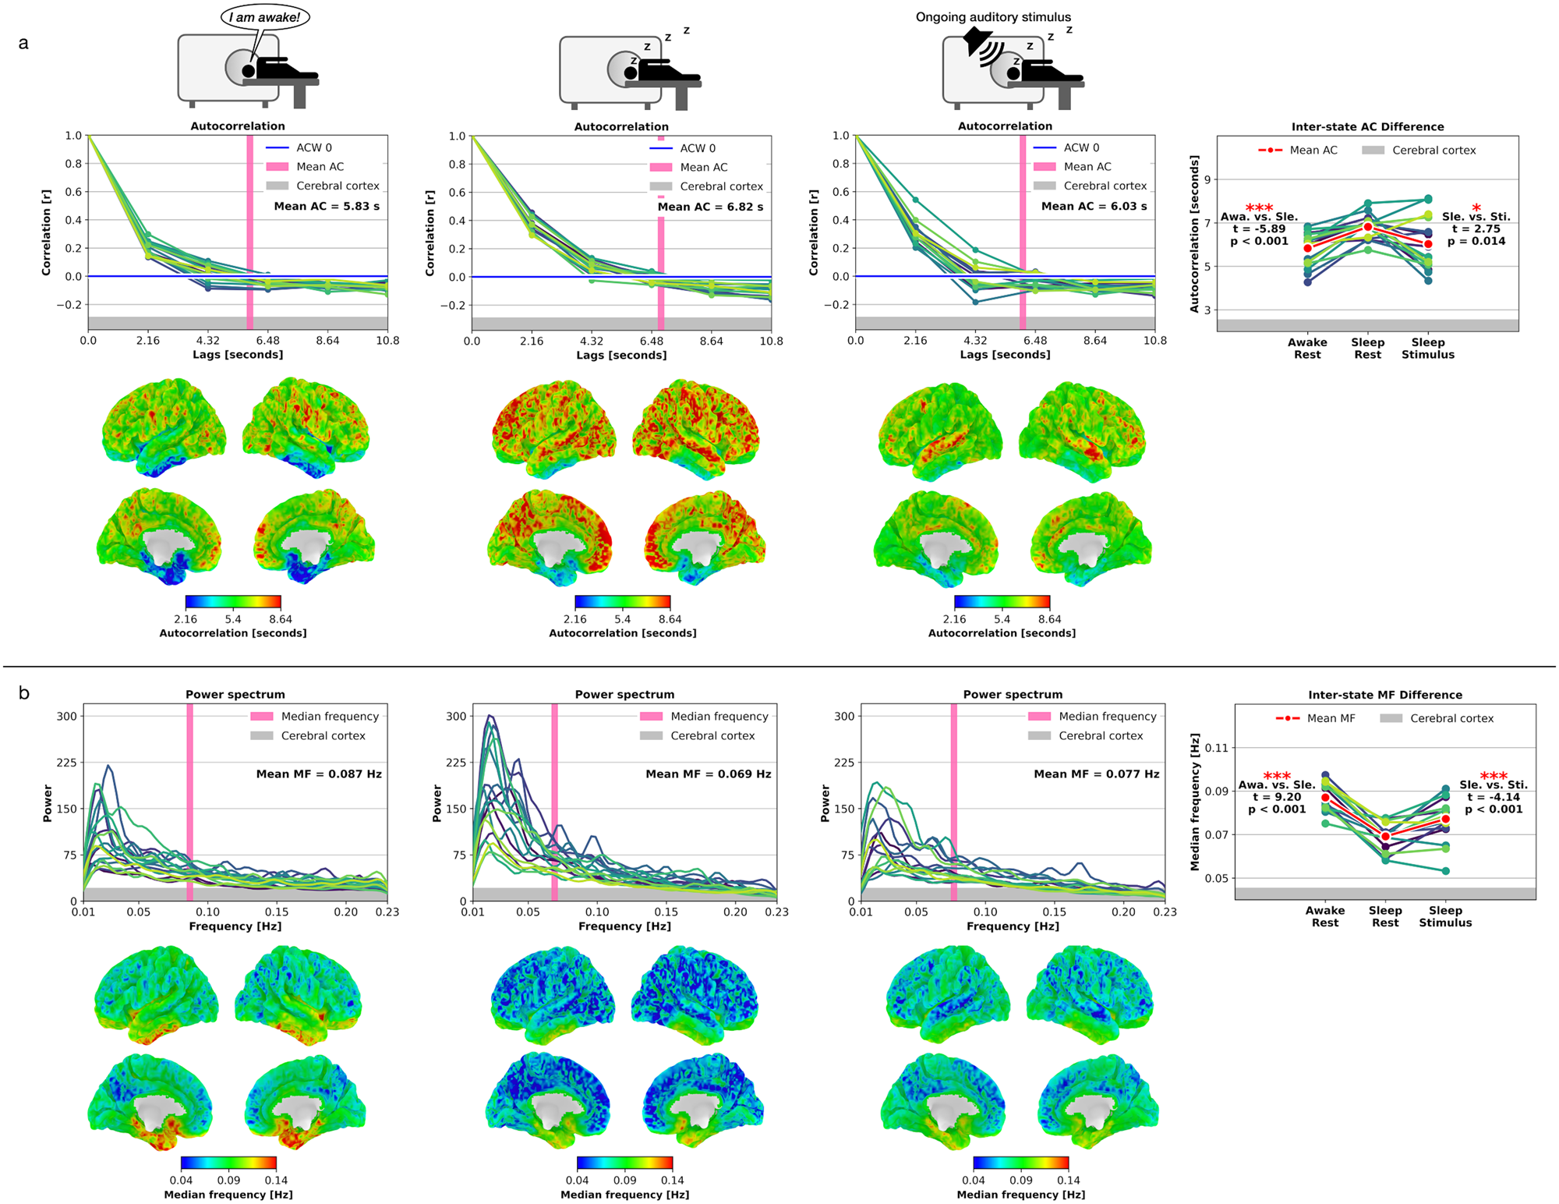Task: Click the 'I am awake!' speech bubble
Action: click(265, 17)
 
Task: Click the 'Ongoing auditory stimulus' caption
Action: click(993, 17)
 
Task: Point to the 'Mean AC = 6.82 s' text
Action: click(710, 207)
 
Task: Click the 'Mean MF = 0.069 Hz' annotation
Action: click(708, 774)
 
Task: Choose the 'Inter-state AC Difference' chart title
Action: click(1367, 127)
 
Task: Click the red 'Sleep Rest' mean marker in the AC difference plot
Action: click(1367, 227)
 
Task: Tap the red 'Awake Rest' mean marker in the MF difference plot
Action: click(1325, 798)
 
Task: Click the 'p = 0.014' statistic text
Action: click(1476, 242)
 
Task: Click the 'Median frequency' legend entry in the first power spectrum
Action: click(329, 717)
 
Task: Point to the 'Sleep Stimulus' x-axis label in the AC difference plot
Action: click(1428, 349)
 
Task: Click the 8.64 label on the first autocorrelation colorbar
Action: click(281, 619)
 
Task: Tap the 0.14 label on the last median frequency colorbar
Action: click(1069, 1181)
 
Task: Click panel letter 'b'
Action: click(24, 693)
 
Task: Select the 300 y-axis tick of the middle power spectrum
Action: click(456, 716)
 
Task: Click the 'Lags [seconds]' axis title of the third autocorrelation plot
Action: click(1005, 355)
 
